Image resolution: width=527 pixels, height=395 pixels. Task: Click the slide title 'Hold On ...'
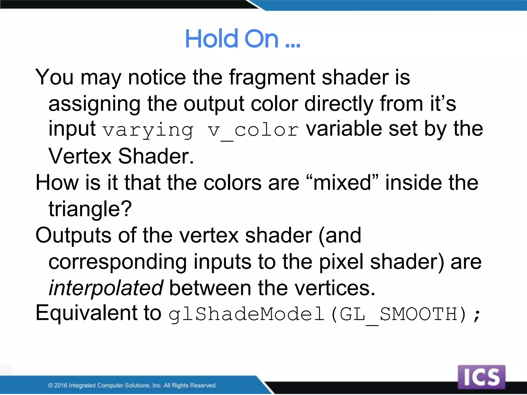point(242,39)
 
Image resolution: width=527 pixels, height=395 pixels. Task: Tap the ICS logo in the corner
point(481,377)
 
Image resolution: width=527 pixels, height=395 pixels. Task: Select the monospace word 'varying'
point(148,130)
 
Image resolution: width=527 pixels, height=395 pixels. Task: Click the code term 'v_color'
point(253,130)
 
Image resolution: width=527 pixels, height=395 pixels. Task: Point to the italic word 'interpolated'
point(106,288)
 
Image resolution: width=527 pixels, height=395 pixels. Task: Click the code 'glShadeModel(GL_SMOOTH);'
point(324,314)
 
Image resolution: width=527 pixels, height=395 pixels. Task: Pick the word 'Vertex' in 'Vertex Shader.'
point(80,156)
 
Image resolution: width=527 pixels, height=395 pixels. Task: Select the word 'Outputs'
point(73,235)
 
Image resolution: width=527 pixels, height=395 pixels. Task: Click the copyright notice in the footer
point(132,385)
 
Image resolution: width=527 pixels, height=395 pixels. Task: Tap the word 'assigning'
point(94,104)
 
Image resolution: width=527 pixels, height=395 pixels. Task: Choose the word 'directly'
point(339,104)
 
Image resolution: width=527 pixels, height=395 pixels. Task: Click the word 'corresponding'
point(118,262)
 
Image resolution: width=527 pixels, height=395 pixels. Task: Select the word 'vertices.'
point(335,288)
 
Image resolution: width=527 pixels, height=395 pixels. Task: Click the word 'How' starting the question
point(57,183)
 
